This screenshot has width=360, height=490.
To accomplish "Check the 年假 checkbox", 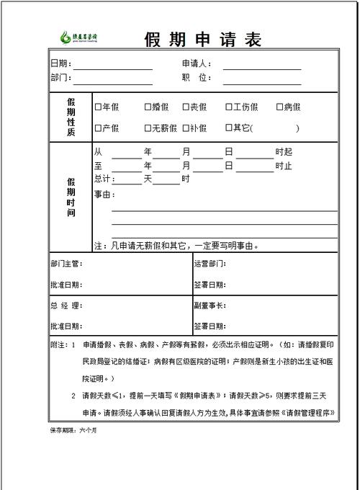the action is pyautogui.click(x=98, y=107).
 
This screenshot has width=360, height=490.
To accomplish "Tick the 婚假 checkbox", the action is pyautogui.click(x=148, y=107).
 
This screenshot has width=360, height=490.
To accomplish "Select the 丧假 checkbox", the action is pyautogui.click(x=186, y=107).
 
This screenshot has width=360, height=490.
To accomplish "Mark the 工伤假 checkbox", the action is pyautogui.click(x=228, y=107).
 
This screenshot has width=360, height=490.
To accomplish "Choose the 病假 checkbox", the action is pyautogui.click(x=279, y=107).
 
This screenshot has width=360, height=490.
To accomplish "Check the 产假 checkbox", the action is pyautogui.click(x=98, y=128).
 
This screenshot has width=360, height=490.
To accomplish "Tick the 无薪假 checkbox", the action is pyautogui.click(x=148, y=128).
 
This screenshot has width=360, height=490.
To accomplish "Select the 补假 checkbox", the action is pyautogui.click(x=186, y=128).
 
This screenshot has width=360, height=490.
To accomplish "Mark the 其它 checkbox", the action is pyautogui.click(x=228, y=128).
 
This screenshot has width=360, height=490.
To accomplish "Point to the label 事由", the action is pyautogui.click(x=104, y=195).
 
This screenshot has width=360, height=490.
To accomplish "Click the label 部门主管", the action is pyautogui.click(x=66, y=264).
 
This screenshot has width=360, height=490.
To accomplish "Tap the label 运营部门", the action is pyautogui.click(x=210, y=264).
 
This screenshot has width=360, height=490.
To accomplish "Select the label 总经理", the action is pyautogui.click(x=66, y=306).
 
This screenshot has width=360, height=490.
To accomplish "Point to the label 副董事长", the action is pyautogui.click(x=210, y=306).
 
